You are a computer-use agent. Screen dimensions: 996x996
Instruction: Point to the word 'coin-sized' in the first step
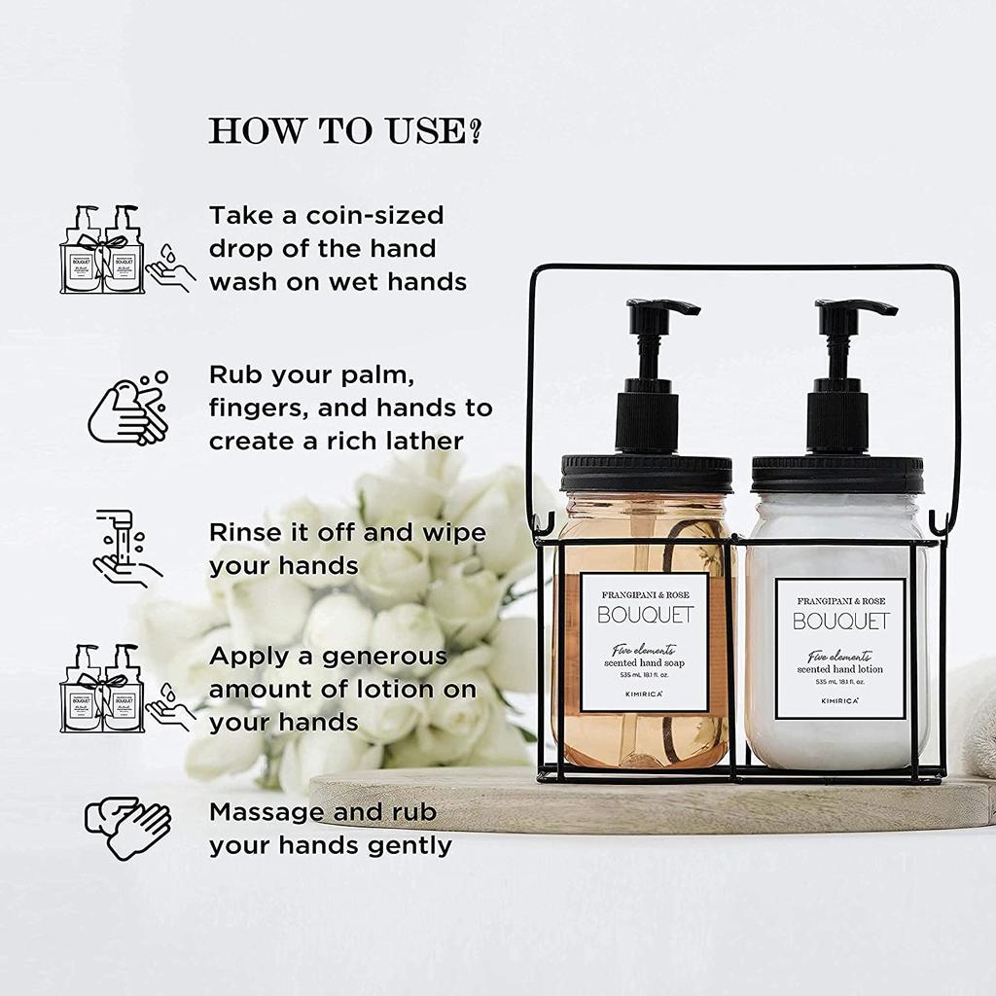(x=367, y=215)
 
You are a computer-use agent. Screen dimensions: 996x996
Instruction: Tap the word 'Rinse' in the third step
(x=245, y=533)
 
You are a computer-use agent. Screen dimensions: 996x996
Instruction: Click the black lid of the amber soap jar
(x=645, y=473)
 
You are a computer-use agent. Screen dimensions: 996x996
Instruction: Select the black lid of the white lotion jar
(x=837, y=475)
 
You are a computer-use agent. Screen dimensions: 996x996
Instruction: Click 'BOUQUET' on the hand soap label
(x=645, y=616)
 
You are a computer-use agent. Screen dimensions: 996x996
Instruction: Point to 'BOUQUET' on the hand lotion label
(x=840, y=622)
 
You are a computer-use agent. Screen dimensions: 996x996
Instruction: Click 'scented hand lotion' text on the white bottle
(x=840, y=669)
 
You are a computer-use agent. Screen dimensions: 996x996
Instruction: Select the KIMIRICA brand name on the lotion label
(x=840, y=699)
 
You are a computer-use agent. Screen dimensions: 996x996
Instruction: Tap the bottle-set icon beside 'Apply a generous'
(x=101, y=688)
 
